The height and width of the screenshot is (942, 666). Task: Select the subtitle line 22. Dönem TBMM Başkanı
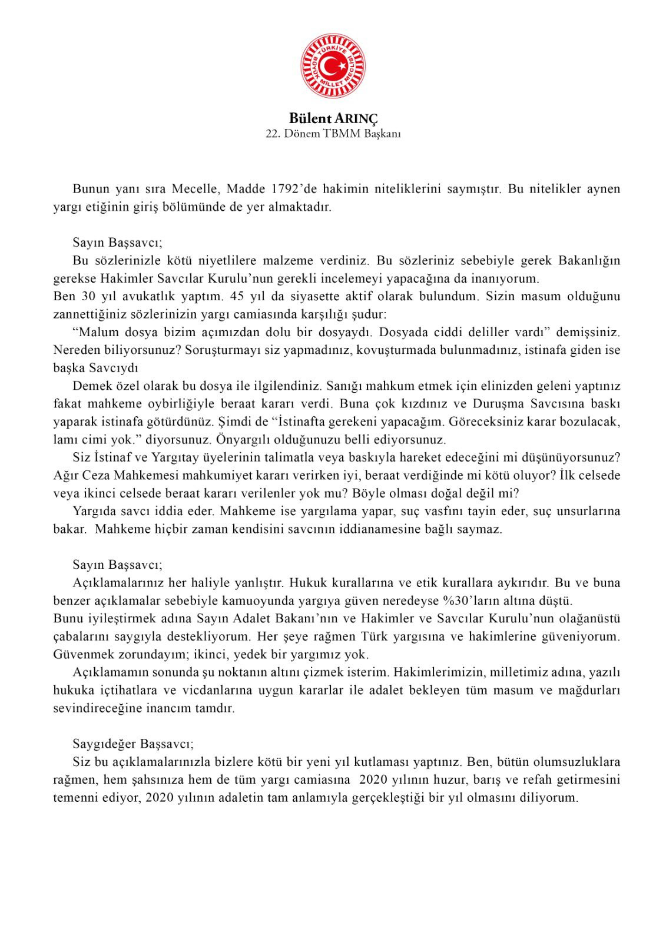(333, 134)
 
